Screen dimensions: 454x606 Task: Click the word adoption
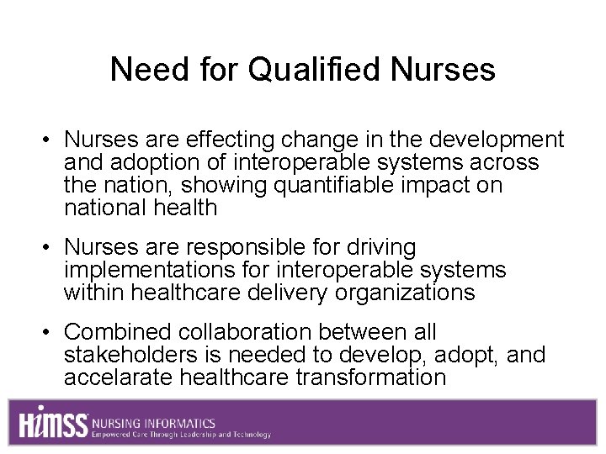point(156,162)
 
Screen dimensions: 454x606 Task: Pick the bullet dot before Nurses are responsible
point(51,249)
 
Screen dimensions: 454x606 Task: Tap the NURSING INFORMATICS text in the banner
point(154,423)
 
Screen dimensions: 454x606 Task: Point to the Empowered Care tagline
point(181,435)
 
